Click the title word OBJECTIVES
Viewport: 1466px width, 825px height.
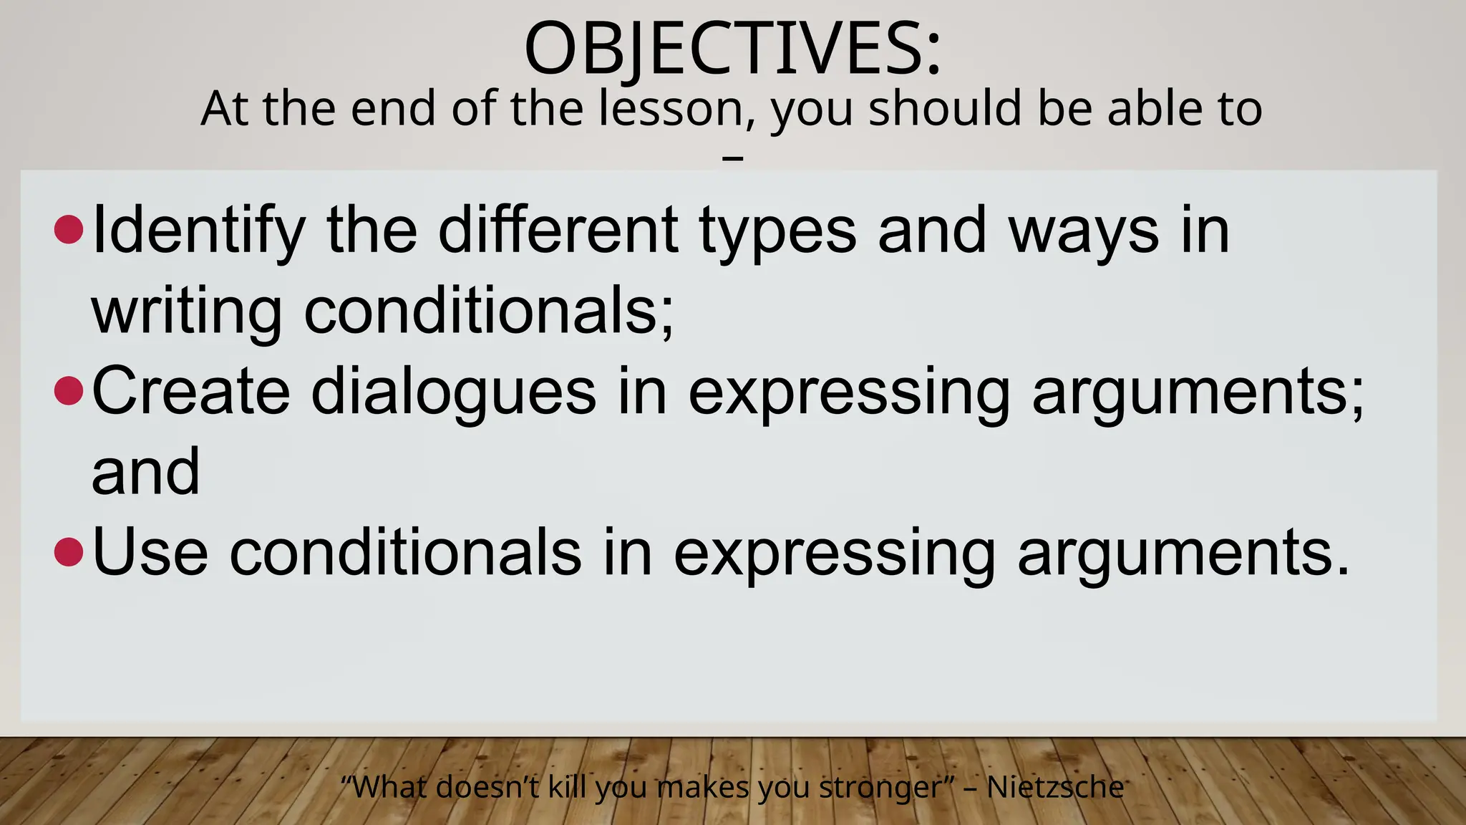pyautogui.click(x=723, y=49)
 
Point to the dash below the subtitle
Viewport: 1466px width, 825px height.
pyautogui.click(x=733, y=157)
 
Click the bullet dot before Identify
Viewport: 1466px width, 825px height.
pyautogui.click(x=69, y=230)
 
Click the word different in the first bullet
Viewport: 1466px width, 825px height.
pyautogui.click(x=558, y=231)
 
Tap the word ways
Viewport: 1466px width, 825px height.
pyautogui.click(x=1083, y=231)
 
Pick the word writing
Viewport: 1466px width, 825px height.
pyautogui.click(x=186, y=312)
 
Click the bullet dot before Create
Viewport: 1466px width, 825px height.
pyautogui.click(x=69, y=391)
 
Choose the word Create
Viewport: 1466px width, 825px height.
pyautogui.click(x=190, y=391)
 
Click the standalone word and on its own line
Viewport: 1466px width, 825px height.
pyautogui.click(x=146, y=472)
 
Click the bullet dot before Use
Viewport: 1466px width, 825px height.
pyautogui.click(x=69, y=552)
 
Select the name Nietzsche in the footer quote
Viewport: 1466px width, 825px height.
pyautogui.click(x=1055, y=788)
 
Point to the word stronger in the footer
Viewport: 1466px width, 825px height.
pyautogui.click(x=879, y=788)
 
